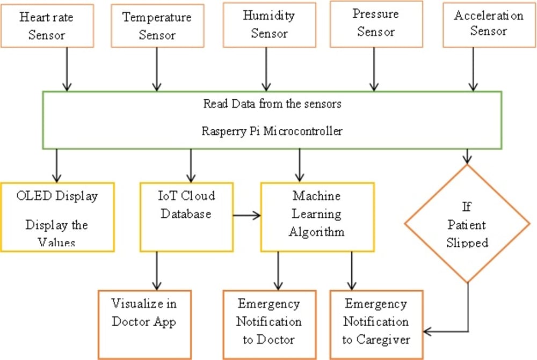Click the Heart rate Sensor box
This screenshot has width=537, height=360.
[x=47, y=26]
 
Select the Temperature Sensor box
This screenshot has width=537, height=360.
[x=157, y=26]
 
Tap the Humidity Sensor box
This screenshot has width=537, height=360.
[x=268, y=24]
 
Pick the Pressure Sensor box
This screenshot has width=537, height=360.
[x=376, y=23]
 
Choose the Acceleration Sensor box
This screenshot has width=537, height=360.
[x=488, y=23]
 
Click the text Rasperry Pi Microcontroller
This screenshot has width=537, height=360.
[x=272, y=131]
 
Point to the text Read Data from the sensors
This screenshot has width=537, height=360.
[x=272, y=104]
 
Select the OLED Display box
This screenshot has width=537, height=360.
[x=57, y=217]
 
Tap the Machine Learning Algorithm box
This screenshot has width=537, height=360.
[x=316, y=217]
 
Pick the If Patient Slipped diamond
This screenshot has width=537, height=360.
[x=467, y=223]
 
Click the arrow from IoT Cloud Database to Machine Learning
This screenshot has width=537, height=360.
[x=246, y=216]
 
